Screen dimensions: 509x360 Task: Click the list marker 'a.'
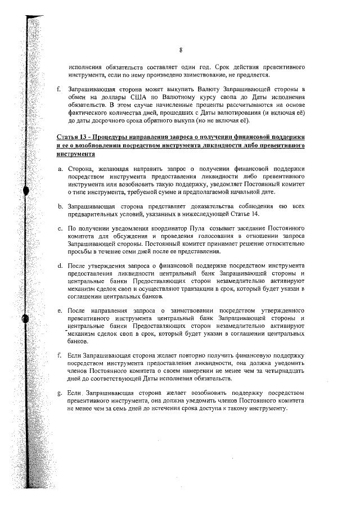click(x=60, y=169)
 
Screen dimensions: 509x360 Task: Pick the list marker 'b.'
click(x=60, y=208)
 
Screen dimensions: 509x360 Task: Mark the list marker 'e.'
click(x=60, y=310)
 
